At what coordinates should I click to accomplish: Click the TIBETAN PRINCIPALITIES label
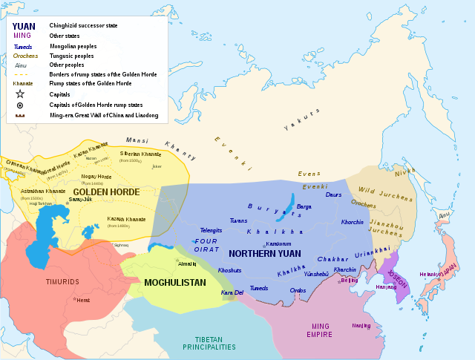coord(210,342)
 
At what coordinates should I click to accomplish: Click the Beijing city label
coord(349,281)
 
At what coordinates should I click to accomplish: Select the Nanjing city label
coord(361,325)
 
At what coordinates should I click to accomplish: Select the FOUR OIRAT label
coord(208,244)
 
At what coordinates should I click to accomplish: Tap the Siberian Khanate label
coord(140,154)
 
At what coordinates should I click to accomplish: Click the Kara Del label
coord(231,292)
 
